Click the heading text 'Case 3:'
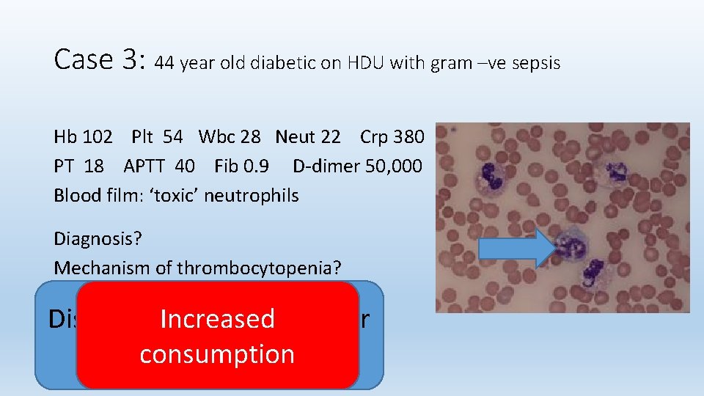pyautogui.click(x=100, y=60)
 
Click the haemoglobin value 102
pyautogui.click(x=98, y=137)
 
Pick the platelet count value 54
pyautogui.click(x=173, y=137)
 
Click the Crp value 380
pyautogui.click(x=408, y=137)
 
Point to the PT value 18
pyautogui.click(x=94, y=166)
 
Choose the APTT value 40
pyautogui.click(x=185, y=166)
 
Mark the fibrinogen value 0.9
pyautogui.click(x=262, y=166)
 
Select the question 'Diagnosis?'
pyautogui.click(x=95, y=239)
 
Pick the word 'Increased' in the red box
pyautogui.click(x=217, y=319)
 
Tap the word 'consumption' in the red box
pyautogui.click(x=217, y=354)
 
